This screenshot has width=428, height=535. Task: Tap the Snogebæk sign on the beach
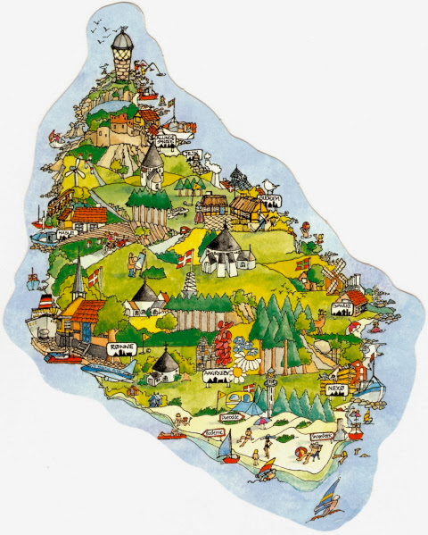pos(323,436)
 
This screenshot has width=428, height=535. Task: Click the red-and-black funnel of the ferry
pos(43,300)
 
